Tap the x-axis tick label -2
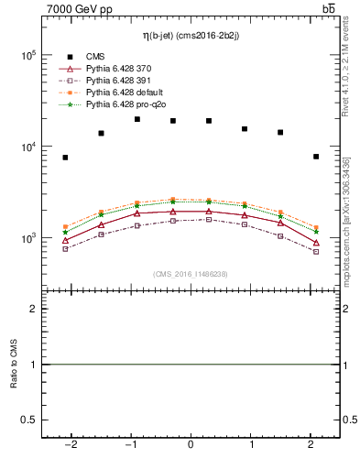pyautogui.click(x=69, y=445)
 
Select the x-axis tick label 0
pyautogui.click(x=191, y=445)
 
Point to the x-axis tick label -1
pyautogui.click(x=129, y=445)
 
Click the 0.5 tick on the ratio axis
pyautogui.click(x=29, y=420)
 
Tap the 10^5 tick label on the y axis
pyautogui.click(x=27, y=55)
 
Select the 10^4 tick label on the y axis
pyautogui.click(x=27, y=147)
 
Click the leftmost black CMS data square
pyautogui.click(x=65, y=158)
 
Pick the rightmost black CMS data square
pyautogui.click(x=316, y=157)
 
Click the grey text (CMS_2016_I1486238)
pyautogui.click(x=191, y=274)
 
